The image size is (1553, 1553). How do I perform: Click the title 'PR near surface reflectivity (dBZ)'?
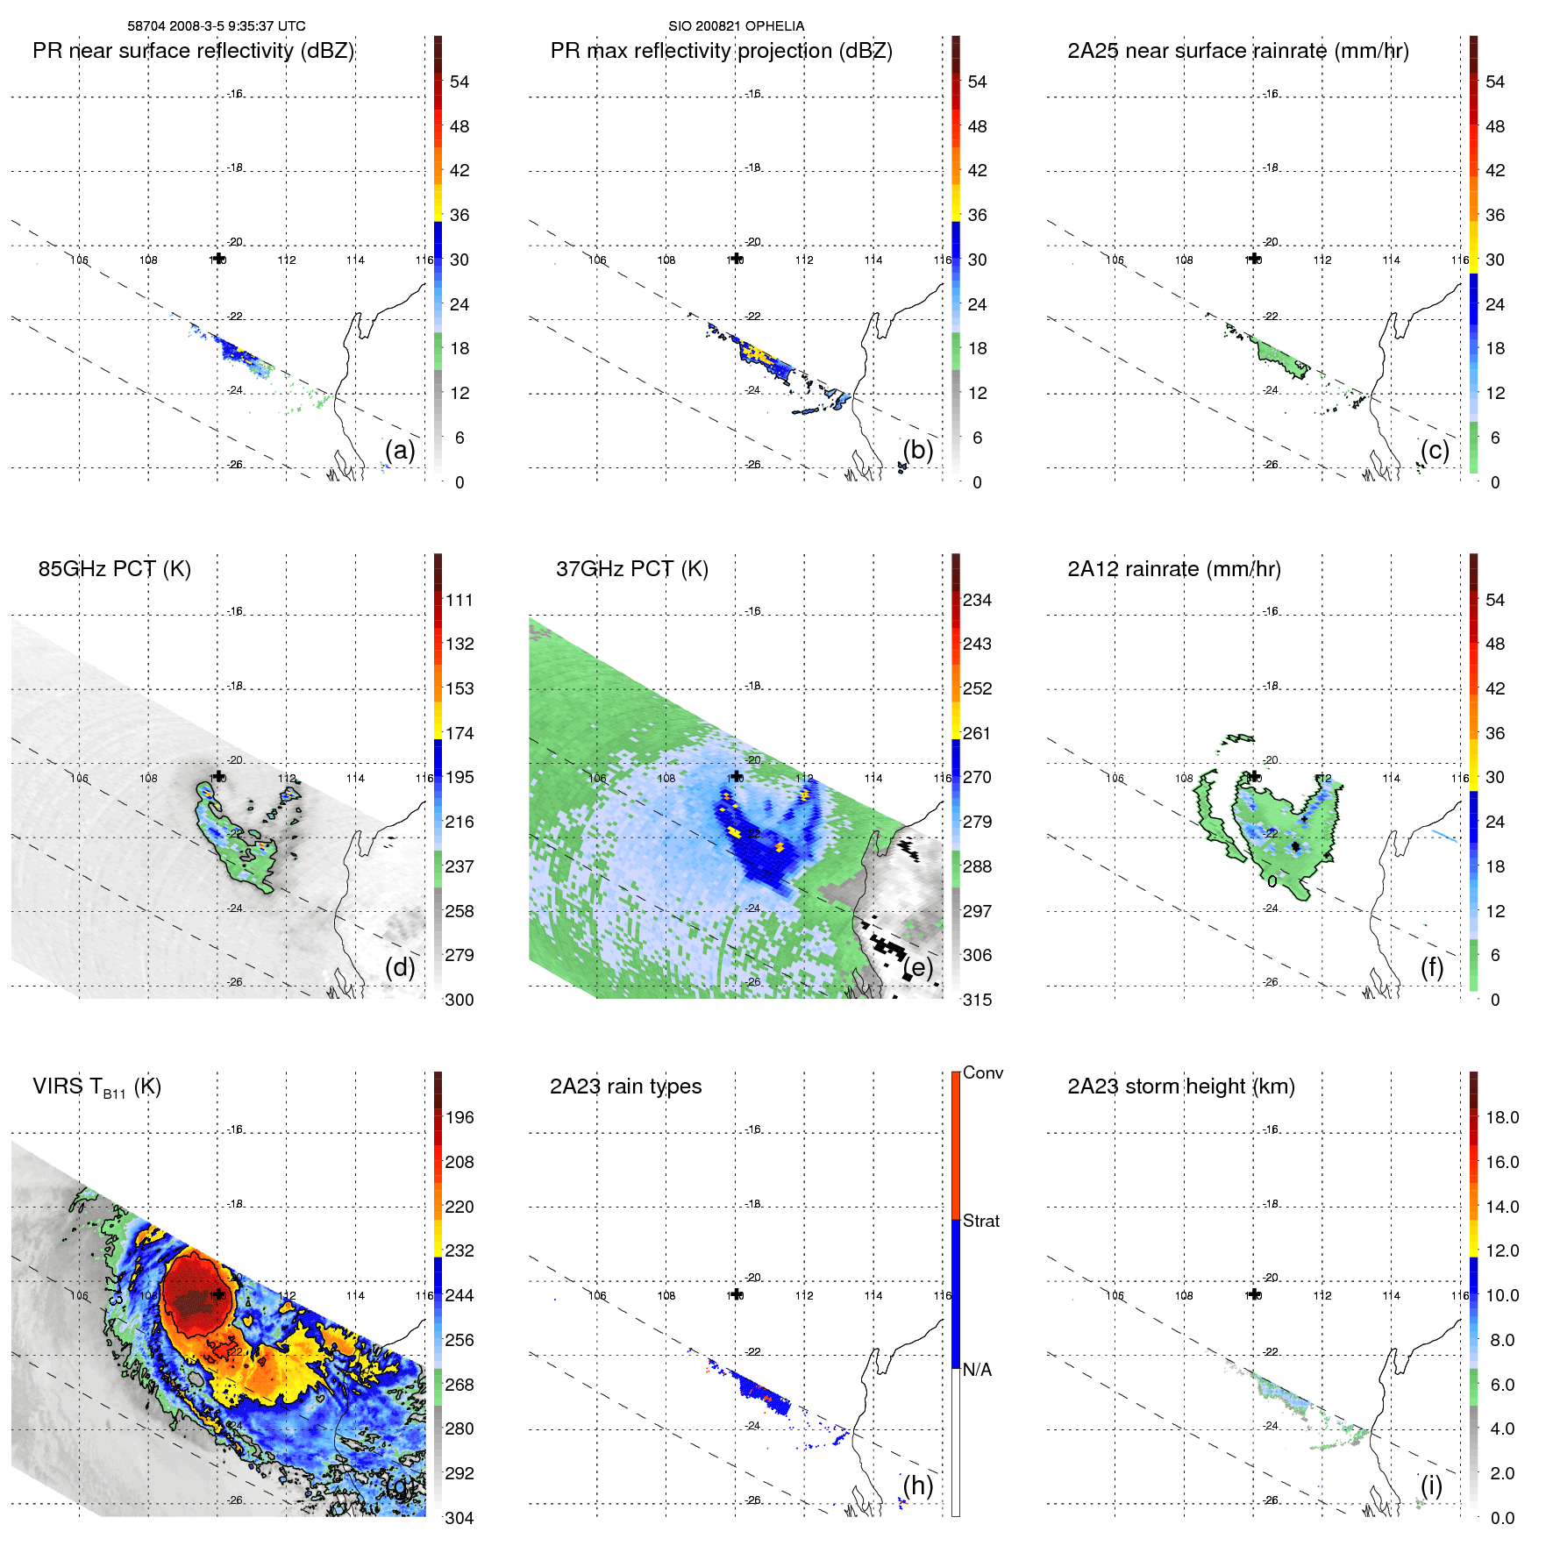point(193,51)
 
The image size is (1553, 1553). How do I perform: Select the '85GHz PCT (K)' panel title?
point(114,569)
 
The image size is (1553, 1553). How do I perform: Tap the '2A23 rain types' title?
point(625,1086)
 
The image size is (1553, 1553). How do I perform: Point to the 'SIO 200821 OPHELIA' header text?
point(736,26)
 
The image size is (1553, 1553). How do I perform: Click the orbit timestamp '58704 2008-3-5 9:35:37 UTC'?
point(217,26)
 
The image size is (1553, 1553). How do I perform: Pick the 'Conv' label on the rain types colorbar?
point(982,1072)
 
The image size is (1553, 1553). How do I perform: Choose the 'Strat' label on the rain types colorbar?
point(980,1221)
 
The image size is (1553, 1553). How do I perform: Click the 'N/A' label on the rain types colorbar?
point(977,1369)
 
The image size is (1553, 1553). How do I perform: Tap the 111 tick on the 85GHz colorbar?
point(459,600)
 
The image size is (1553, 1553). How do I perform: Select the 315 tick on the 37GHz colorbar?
point(977,1000)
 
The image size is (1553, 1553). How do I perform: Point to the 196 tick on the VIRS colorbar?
point(459,1117)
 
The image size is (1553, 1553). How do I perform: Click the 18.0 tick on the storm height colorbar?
point(1502,1117)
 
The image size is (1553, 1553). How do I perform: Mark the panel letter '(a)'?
point(400,450)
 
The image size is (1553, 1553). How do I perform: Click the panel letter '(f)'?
point(1432,967)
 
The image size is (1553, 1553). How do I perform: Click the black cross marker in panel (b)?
point(737,258)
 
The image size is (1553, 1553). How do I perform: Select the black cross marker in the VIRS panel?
point(218,1294)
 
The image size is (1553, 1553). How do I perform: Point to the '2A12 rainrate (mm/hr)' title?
point(1173,569)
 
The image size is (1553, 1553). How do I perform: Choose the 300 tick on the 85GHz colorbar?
point(459,1000)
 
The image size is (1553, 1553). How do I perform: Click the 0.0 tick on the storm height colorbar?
point(1502,1518)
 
